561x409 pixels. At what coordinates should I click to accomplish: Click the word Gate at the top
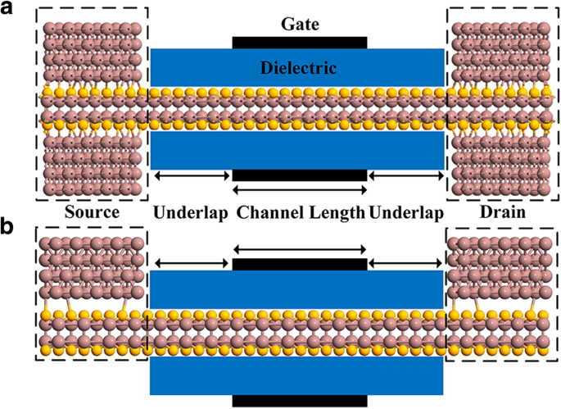point(299,25)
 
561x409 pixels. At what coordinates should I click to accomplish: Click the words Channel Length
point(301,214)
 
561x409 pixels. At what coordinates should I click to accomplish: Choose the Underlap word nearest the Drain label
point(406,214)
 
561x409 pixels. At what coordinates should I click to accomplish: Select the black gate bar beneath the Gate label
point(300,42)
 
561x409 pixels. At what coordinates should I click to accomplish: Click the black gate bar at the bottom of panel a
point(300,175)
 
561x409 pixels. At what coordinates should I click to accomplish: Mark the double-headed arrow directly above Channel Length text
point(300,190)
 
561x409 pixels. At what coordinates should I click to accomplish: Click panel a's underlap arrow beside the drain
point(406,175)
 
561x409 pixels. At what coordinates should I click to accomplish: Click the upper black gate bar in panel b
point(300,264)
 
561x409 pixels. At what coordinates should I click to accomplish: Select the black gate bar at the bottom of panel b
point(300,402)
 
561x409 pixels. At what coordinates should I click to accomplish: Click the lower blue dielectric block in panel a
point(297,150)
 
